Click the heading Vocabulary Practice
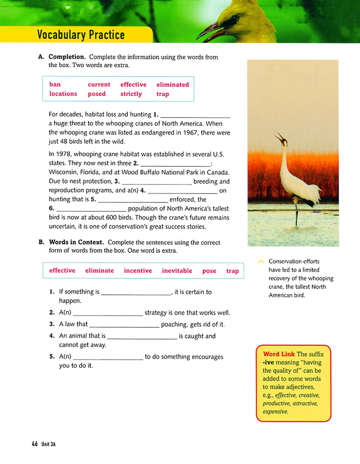81,35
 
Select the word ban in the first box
55,84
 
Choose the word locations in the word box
63,94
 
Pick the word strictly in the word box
131,94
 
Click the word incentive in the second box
138,271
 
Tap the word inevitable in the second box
177,271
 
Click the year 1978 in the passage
64,154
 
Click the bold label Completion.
67,57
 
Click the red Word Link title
279,354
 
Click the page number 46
34,444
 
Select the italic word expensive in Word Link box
275,412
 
